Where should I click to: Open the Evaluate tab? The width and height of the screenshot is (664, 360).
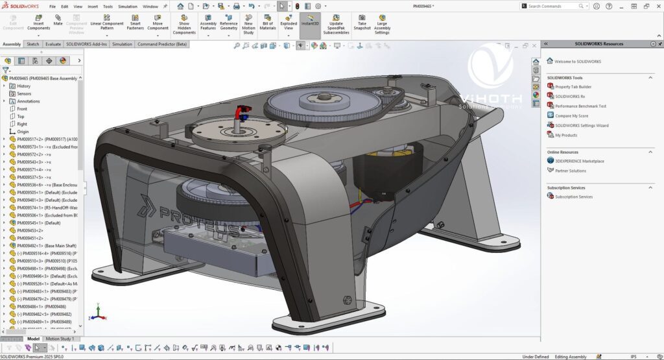tap(53, 44)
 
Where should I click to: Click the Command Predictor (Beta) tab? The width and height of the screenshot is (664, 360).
tap(162, 44)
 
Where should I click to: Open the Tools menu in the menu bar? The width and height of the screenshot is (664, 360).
tap(108, 6)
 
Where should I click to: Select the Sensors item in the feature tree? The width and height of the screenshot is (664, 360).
tap(24, 93)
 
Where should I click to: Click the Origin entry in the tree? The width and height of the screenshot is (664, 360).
tap(23, 131)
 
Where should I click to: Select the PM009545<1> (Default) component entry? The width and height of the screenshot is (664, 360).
tap(38, 222)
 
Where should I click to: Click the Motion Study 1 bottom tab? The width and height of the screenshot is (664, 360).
tap(59, 339)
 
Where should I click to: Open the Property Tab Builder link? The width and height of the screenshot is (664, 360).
tap(573, 86)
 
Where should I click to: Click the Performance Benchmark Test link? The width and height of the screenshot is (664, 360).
tap(580, 106)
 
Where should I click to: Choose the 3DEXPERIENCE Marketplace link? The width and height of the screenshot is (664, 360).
tap(579, 161)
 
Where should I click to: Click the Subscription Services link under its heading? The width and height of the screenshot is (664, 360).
tap(573, 197)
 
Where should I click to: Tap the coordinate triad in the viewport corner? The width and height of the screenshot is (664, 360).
tap(97, 313)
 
